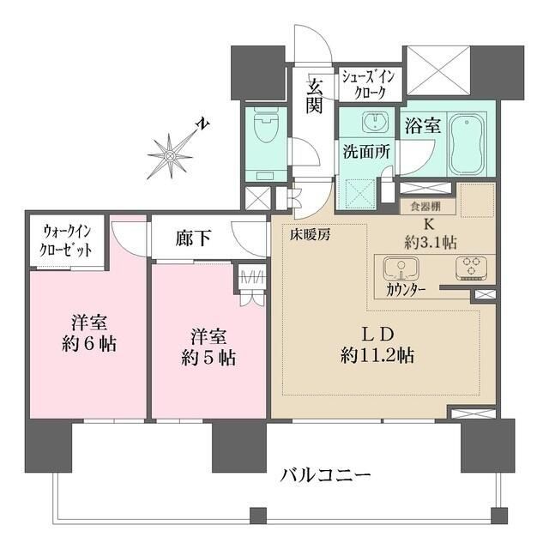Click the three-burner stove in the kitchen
[468, 268]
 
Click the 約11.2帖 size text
[378, 354]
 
